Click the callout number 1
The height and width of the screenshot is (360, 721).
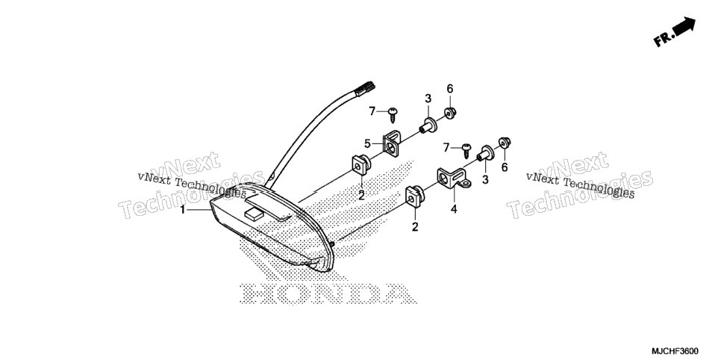click(x=183, y=210)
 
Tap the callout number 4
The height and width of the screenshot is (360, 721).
click(x=454, y=209)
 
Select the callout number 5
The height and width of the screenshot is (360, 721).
click(x=367, y=144)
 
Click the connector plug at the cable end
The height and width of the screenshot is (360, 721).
click(x=366, y=88)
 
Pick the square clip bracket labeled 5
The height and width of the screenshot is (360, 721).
click(x=392, y=143)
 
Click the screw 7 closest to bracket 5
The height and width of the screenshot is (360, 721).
click(x=393, y=114)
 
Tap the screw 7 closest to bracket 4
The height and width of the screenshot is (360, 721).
click(x=467, y=148)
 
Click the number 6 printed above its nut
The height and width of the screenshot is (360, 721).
click(x=450, y=89)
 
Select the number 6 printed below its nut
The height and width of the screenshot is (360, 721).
click(x=505, y=167)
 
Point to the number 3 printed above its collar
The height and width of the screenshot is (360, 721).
click(x=428, y=99)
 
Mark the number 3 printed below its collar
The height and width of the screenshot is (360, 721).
click(x=485, y=179)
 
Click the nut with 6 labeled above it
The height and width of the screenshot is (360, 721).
click(x=449, y=113)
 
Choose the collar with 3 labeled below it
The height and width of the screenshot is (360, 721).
click(x=485, y=153)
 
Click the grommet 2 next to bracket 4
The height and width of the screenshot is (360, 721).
click(x=415, y=195)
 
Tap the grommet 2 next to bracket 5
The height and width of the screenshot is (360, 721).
click(x=361, y=164)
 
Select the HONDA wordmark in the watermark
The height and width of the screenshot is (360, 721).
click(x=328, y=294)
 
